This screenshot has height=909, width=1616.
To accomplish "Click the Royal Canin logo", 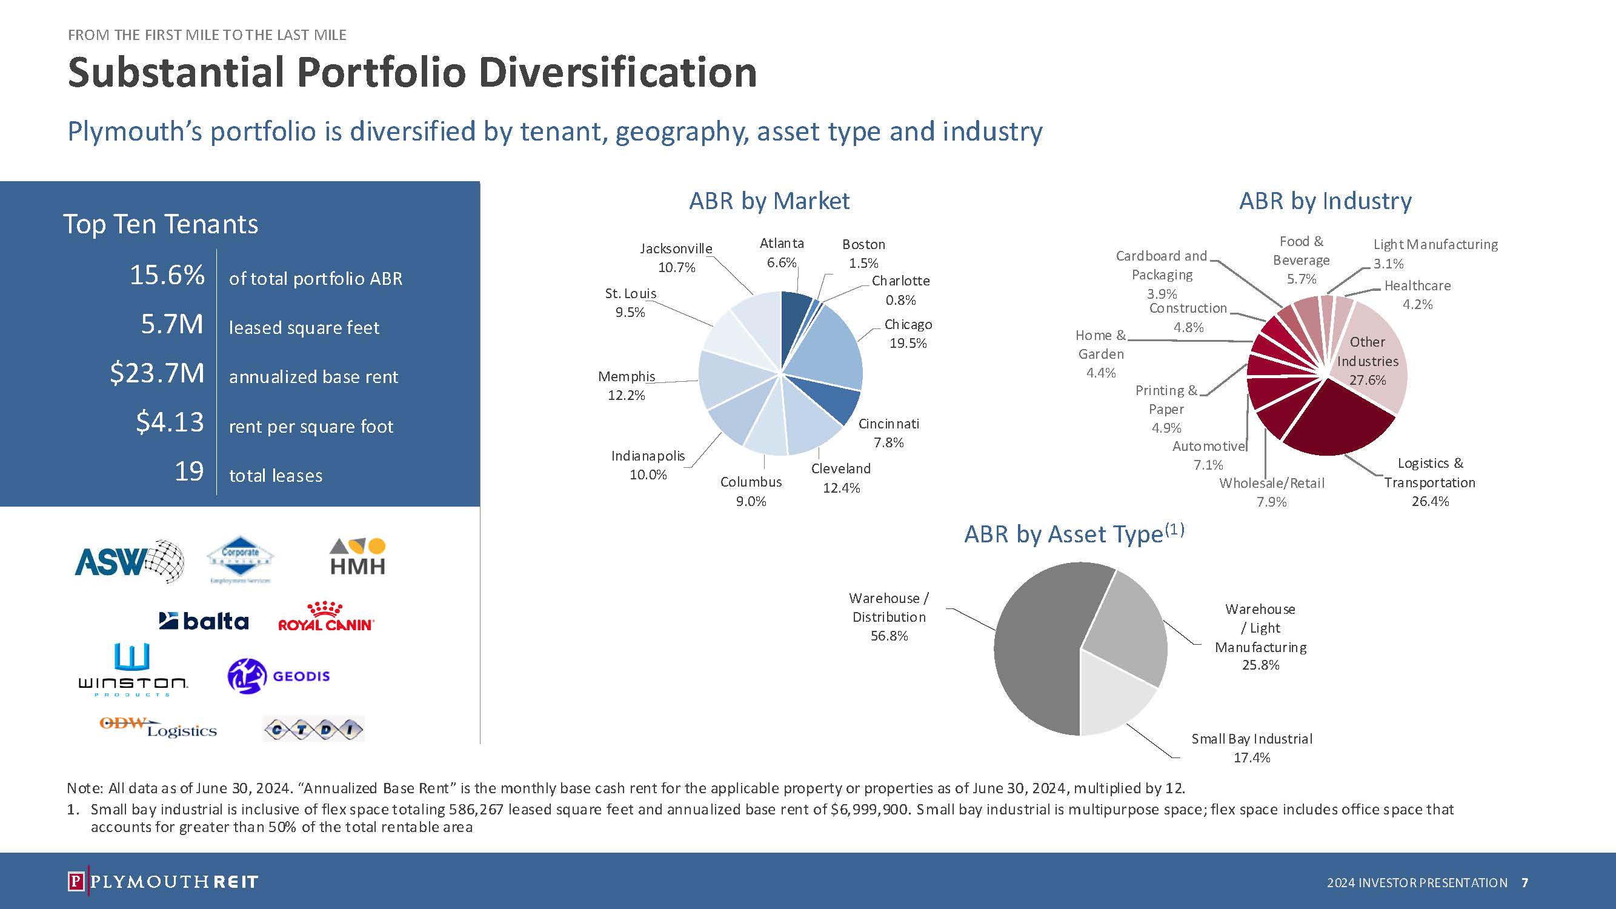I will click(x=325, y=618).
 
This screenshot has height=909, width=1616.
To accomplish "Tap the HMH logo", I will click(x=357, y=558).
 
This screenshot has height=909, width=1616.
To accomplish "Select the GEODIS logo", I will click(x=279, y=676).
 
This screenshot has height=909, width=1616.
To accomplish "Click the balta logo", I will click(x=204, y=621).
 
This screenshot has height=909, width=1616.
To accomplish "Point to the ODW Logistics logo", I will click(x=158, y=728).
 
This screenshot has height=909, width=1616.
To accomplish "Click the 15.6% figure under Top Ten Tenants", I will click(x=167, y=275).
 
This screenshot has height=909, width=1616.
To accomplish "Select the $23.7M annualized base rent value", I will click(x=158, y=373).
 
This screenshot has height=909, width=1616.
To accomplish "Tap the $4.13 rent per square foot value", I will click(x=170, y=422).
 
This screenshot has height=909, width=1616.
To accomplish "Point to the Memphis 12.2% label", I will click(x=626, y=385).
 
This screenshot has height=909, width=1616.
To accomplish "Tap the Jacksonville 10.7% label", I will click(x=676, y=257).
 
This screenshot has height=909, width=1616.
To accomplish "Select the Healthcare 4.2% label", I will click(x=1417, y=295).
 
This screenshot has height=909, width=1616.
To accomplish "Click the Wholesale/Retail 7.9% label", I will click(x=1272, y=492).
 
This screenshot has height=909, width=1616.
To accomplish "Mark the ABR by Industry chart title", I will click(x=1325, y=201).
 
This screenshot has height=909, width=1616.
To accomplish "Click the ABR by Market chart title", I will click(x=769, y=201).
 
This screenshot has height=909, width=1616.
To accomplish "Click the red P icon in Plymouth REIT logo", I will click(x=75, y=881).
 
